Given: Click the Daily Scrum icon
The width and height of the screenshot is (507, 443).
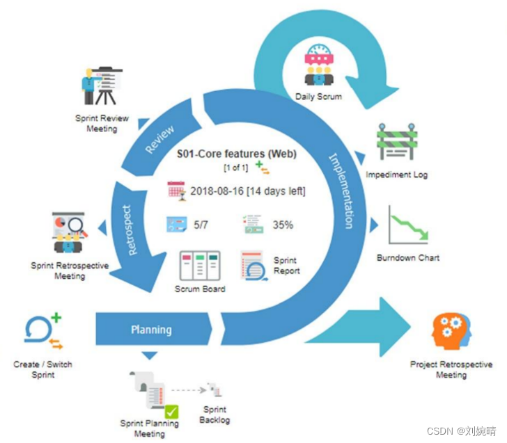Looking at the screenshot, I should coord(319,65).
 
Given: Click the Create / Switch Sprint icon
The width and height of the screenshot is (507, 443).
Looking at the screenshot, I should coord(43,332).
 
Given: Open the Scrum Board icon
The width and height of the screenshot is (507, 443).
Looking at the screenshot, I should coord(199,266).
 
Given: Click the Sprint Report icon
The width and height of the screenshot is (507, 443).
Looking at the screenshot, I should coord(255,266).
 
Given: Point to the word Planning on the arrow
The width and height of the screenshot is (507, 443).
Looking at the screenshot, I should coord(151,329).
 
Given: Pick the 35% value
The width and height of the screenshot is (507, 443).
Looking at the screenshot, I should coord(282,225).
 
